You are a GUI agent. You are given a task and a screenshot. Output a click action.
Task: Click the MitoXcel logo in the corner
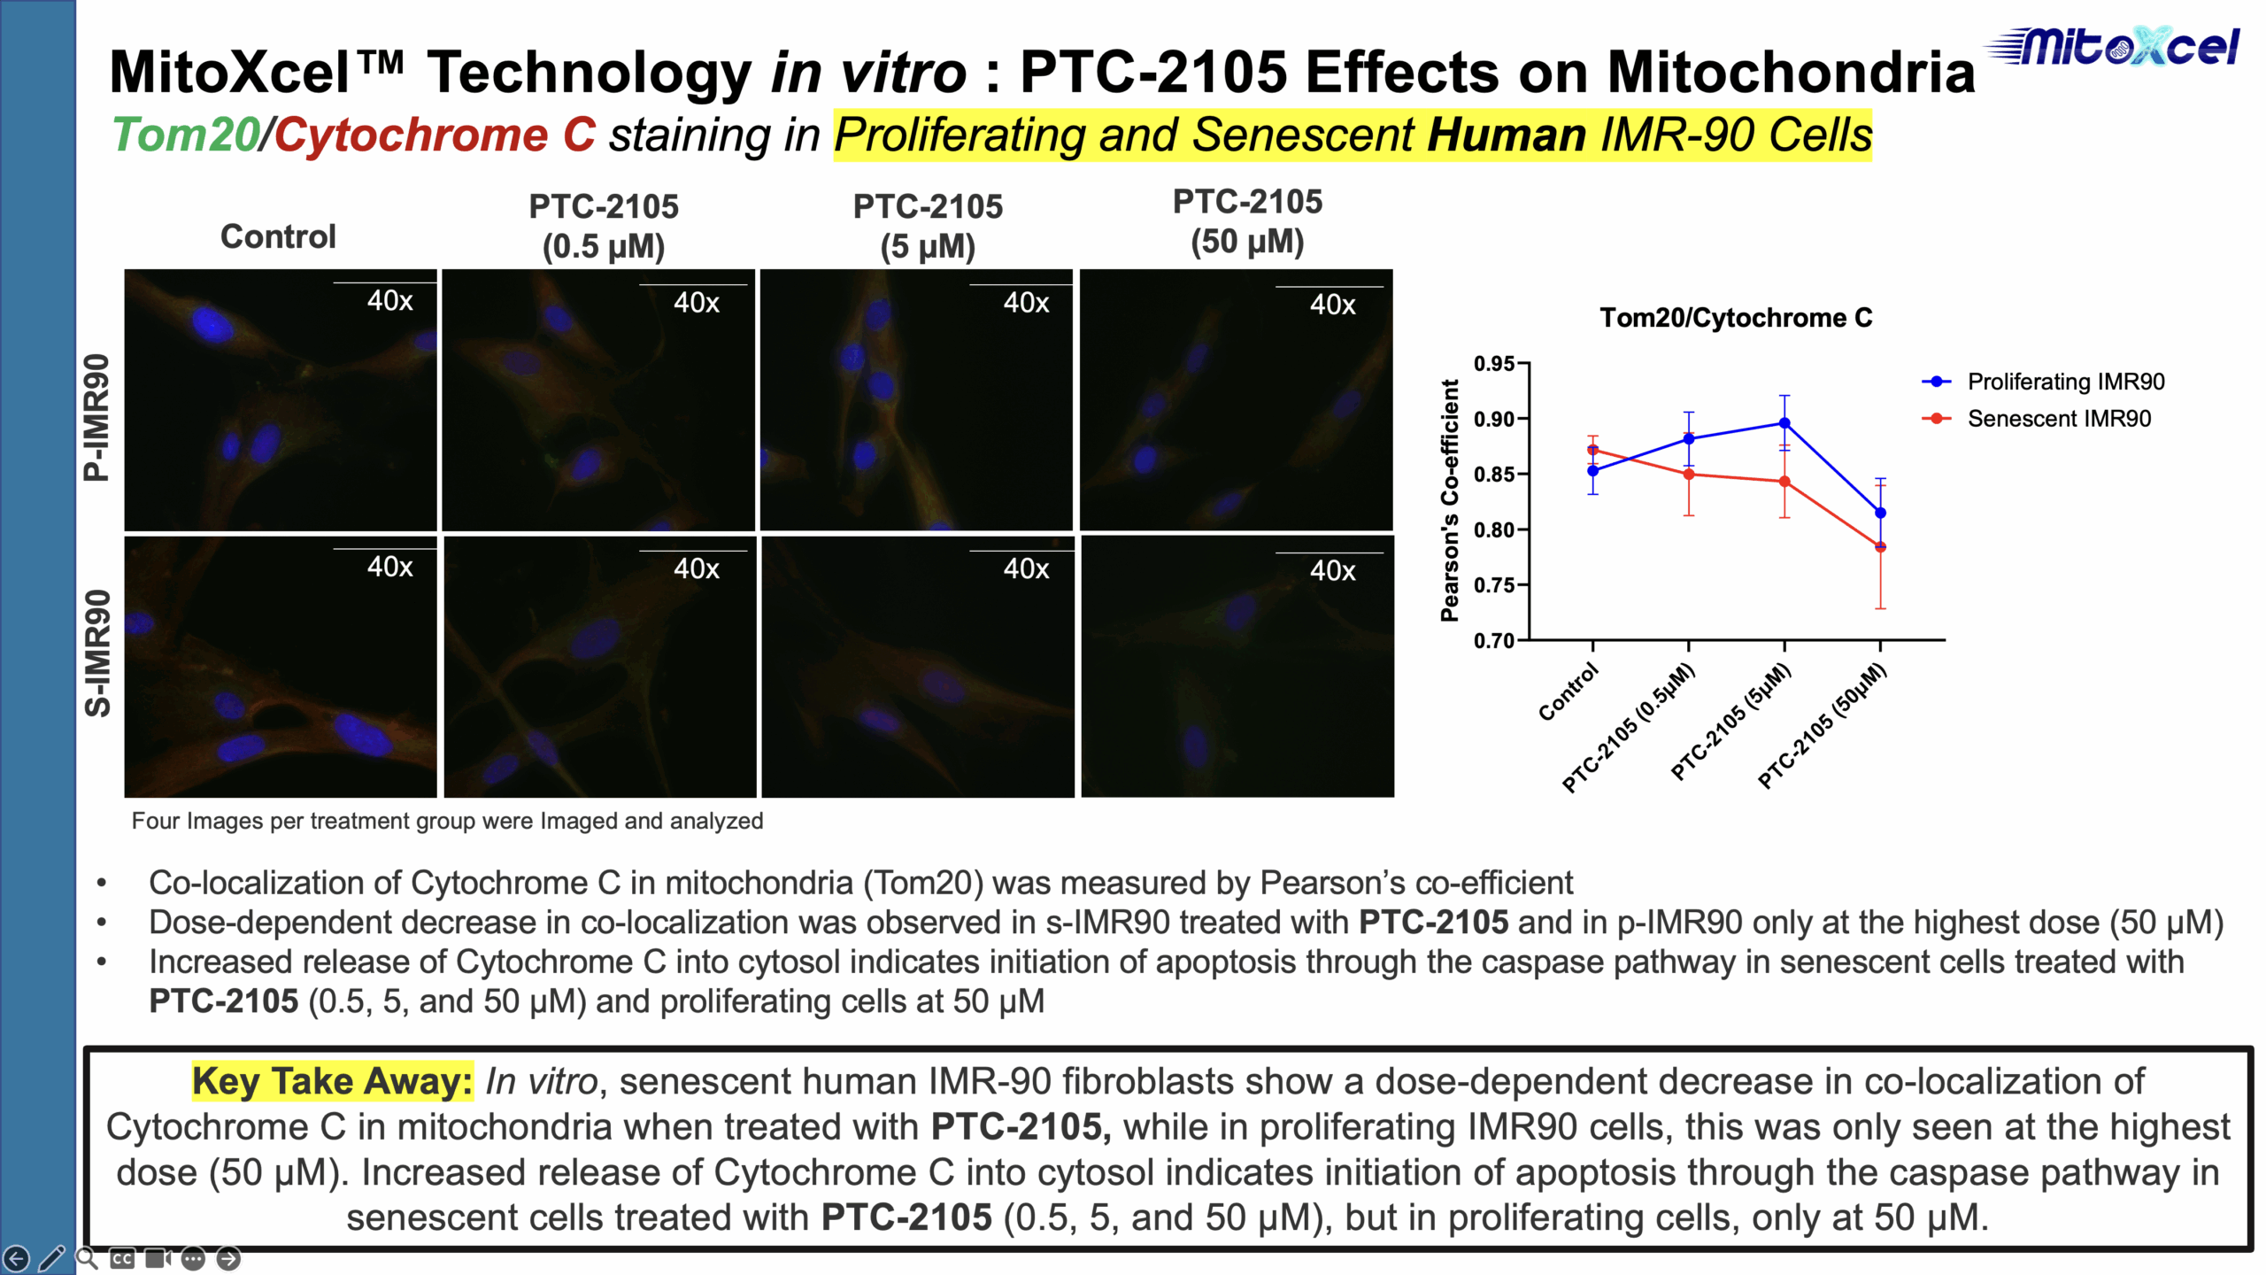[2113, 46]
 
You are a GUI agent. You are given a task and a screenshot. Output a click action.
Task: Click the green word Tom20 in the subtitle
[185, 135]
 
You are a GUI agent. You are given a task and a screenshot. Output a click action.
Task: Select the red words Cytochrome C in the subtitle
[435, 135]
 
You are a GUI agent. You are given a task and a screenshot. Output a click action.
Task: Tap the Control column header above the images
[278, 236]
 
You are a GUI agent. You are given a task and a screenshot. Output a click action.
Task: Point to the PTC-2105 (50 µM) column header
[1247, 221]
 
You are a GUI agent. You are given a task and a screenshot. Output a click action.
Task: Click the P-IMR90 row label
[96, 417]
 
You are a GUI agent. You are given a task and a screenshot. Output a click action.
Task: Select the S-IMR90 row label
[96, 653]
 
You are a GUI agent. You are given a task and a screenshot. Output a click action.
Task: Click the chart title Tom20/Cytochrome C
[1736, 318]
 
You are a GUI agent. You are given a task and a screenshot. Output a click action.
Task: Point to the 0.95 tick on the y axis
[1494, 364]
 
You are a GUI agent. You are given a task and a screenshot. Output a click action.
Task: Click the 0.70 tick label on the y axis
[1494, 640]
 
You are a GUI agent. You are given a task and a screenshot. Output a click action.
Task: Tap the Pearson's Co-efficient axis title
[1449, 500]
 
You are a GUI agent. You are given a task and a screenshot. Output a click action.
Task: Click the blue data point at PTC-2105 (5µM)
[1784, 423]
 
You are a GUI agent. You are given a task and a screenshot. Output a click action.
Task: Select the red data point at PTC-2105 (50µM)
[1880, 546]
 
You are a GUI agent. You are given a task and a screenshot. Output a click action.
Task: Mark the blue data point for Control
[1593, 471]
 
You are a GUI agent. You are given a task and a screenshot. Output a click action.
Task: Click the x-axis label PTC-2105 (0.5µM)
[1629, 728]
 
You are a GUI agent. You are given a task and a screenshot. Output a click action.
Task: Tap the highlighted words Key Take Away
[332, 1081]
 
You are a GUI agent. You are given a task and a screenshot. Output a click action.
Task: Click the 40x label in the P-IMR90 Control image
[390, 301]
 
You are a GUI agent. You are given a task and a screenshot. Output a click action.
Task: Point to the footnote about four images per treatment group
[447, 821]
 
